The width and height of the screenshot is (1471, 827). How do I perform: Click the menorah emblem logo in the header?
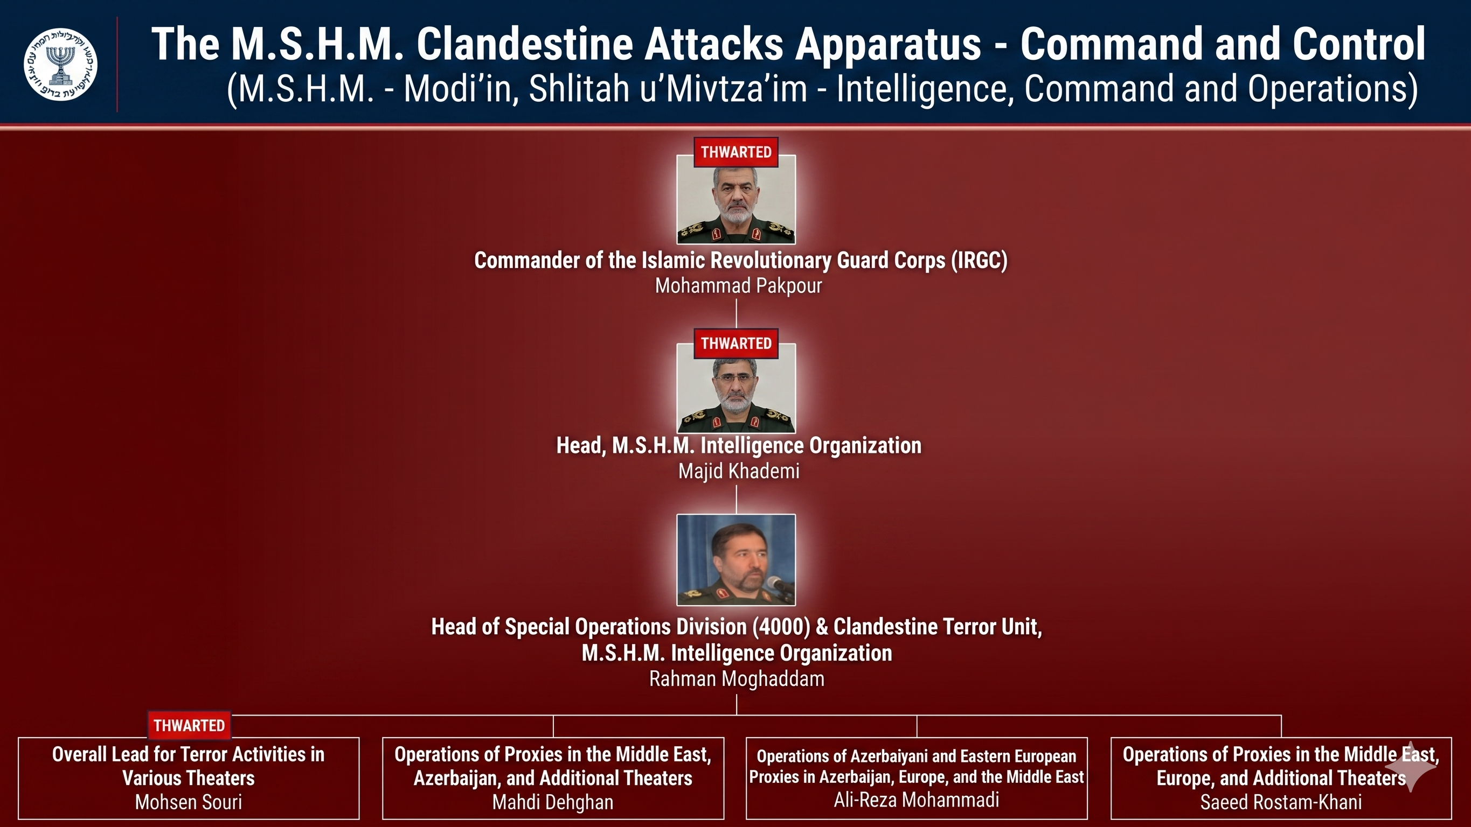tap(60, 64)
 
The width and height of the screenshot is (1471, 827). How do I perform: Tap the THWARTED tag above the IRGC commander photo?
tap(736, 152)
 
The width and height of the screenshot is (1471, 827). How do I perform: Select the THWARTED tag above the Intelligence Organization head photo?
tap(736, 343)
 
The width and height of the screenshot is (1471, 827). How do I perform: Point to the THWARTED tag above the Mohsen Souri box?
tap(189, 725)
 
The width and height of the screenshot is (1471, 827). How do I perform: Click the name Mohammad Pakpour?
tap(738, 285)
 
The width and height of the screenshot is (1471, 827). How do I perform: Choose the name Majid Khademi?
tap(738, 471)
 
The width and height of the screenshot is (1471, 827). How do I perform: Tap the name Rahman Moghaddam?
tap(737, 678)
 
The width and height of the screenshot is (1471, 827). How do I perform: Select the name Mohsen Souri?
tap(189, 802)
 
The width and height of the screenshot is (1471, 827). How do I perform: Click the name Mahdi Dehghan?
tap(553, 802)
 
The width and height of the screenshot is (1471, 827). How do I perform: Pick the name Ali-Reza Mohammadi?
tap(917, 800)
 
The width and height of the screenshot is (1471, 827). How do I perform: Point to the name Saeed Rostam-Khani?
tap(1281, 802)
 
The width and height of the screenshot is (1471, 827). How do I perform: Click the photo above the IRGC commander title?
tap(736, 199)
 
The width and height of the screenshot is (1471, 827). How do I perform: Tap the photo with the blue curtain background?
tap(736, 560)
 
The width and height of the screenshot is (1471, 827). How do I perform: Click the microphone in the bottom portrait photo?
tap(780, 586)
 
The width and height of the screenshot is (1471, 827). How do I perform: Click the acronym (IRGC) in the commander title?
tap(979, 260)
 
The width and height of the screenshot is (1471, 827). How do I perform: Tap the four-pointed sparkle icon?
tap(1410, 768)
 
